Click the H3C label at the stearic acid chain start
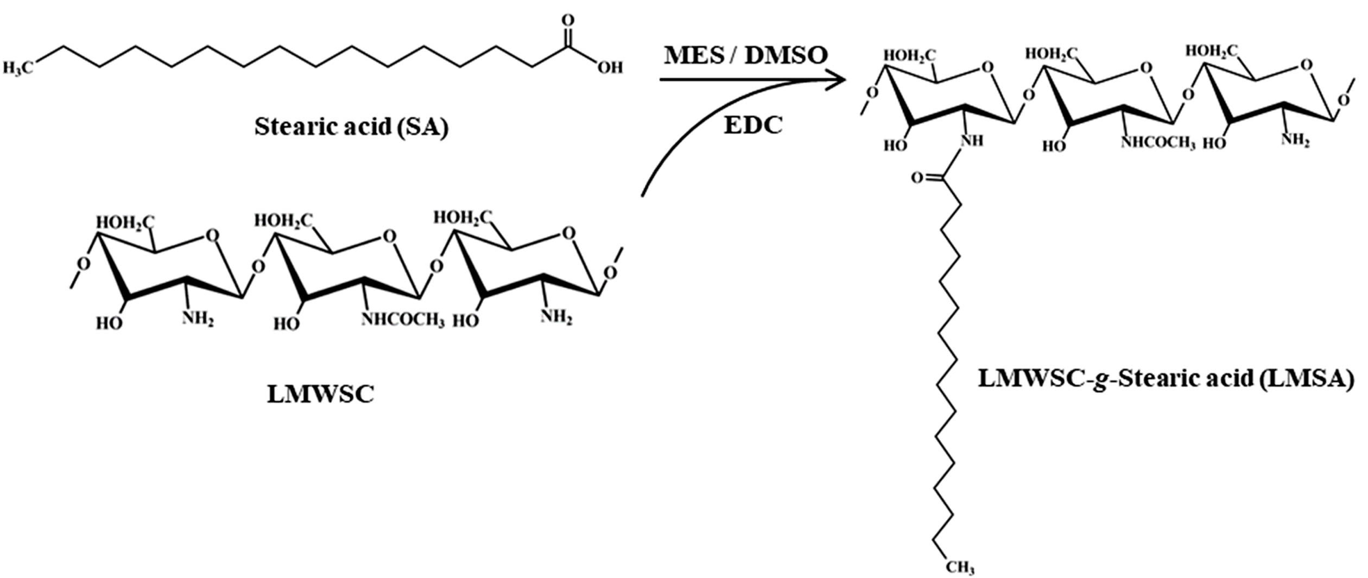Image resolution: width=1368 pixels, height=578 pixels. [18, 68]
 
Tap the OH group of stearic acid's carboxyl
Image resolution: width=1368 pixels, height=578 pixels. [610, 68]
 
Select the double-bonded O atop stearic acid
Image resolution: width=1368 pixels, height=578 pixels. [568, 21]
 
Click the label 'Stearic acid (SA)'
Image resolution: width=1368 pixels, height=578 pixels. [351, 126]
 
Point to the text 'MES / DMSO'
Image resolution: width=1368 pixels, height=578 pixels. [745, 55]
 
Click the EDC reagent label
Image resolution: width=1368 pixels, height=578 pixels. [753, 125]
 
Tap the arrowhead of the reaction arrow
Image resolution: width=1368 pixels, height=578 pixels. [836, 80]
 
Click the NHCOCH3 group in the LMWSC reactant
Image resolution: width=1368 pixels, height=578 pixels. [403, 320]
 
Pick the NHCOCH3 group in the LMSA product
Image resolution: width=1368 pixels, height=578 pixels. [1158, 143]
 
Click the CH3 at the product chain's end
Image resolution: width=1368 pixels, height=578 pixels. [960, 568]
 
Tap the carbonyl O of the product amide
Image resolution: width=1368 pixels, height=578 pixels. [917, 177]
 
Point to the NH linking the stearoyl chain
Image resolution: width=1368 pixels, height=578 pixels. [972, 141]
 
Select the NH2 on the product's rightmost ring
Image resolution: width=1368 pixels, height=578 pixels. [1296, 140]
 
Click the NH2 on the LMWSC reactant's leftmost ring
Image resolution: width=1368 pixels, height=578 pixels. [198, 319]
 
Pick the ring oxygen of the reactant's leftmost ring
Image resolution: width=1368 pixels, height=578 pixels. [213, 236]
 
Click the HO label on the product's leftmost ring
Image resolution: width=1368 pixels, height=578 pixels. [896, 145]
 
